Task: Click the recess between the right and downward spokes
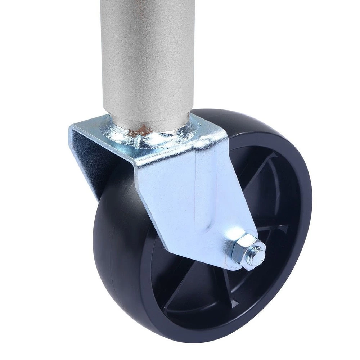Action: click(x=266, y=274)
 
